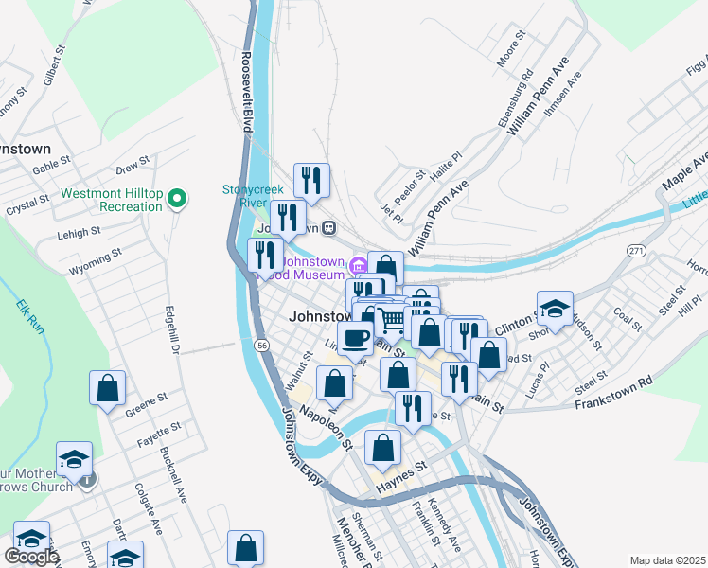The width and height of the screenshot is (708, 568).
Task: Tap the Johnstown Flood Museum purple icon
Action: tap(358, 264)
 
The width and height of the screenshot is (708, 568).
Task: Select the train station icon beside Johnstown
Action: tap(328, 227)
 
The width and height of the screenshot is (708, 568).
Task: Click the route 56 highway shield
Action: tap(259, 346)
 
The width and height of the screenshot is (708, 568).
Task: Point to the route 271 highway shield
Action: tap(636, 249)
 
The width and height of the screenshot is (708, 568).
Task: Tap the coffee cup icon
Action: tap(356, 336)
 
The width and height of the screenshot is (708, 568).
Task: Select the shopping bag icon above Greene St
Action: tap(108, 387)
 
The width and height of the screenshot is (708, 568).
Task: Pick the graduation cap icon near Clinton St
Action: tap(556, 309)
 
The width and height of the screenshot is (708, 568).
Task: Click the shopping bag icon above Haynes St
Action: tap(383, 448)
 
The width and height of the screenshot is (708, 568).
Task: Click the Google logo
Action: tap(30, 557)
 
